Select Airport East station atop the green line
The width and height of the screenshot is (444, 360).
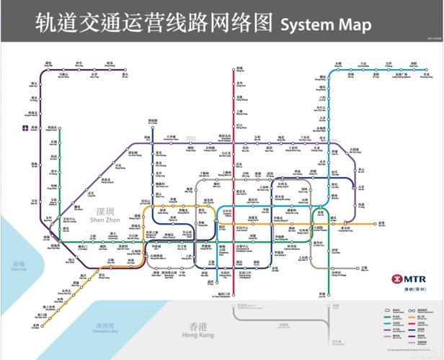click(x=60, y=130)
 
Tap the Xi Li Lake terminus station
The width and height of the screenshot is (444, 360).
click(x=153, y=123)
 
